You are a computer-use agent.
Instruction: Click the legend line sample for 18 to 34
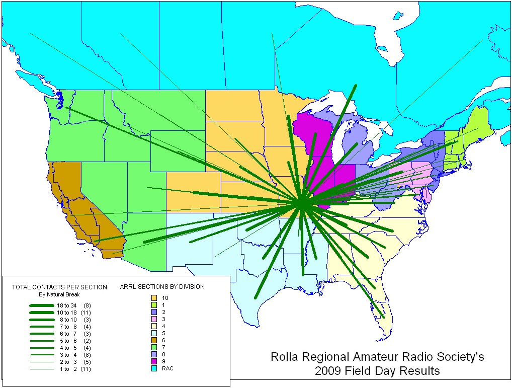tap(41, 305)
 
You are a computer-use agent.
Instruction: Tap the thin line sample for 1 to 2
tap(41, 369)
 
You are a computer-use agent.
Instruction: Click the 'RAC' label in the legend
tap(167, 369)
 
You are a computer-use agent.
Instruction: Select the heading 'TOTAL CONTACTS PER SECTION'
tap(59, 287)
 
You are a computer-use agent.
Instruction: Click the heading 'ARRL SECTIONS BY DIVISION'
tap(162, 287)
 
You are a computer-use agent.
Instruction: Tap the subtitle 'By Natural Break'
tap(59, 294)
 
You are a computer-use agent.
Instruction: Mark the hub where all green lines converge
tap(300, 204)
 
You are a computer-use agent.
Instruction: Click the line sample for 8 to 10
tap(41, 320)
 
